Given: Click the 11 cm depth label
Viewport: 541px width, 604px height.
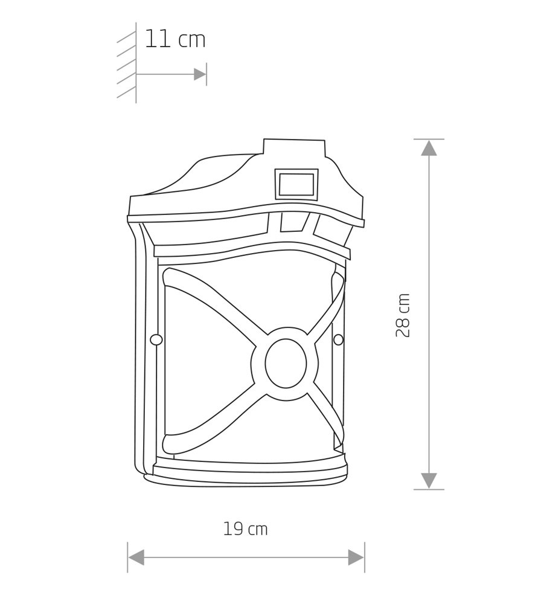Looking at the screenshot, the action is pyautogui.click(x=175, y=39).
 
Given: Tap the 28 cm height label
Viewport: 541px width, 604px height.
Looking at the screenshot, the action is pyautogui.click(x=403, y=315).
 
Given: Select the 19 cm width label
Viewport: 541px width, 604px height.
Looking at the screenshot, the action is pyautogui.click(x=245, y=529).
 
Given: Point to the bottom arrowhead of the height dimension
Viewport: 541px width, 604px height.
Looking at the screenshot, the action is pyautogui.click(x=429, y=481).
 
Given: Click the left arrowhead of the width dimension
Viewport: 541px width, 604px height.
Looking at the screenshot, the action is pyautogui.click(x=136, y=557).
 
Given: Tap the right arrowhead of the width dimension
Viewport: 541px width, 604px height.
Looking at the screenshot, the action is pyautogui.click(x=356, y=557).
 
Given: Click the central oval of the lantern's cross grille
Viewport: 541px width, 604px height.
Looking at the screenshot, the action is pyautogui.click(x=286, y=364).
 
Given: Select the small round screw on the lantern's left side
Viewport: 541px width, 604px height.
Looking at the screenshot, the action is pyautogui.click(x=156, y=339).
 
